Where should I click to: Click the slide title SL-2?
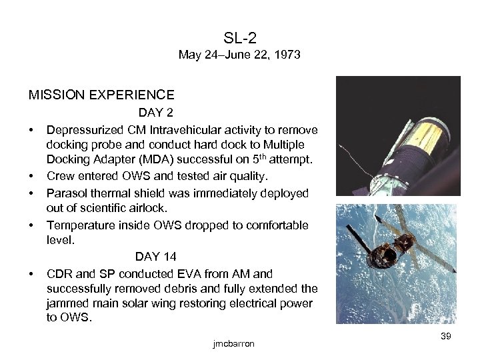(239, 37)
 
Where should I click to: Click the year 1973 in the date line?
(287, 55)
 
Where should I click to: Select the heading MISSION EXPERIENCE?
(101, 95)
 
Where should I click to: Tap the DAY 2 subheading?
(157, 113)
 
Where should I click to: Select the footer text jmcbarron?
(234, 345)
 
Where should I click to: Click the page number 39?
(445, 337)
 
